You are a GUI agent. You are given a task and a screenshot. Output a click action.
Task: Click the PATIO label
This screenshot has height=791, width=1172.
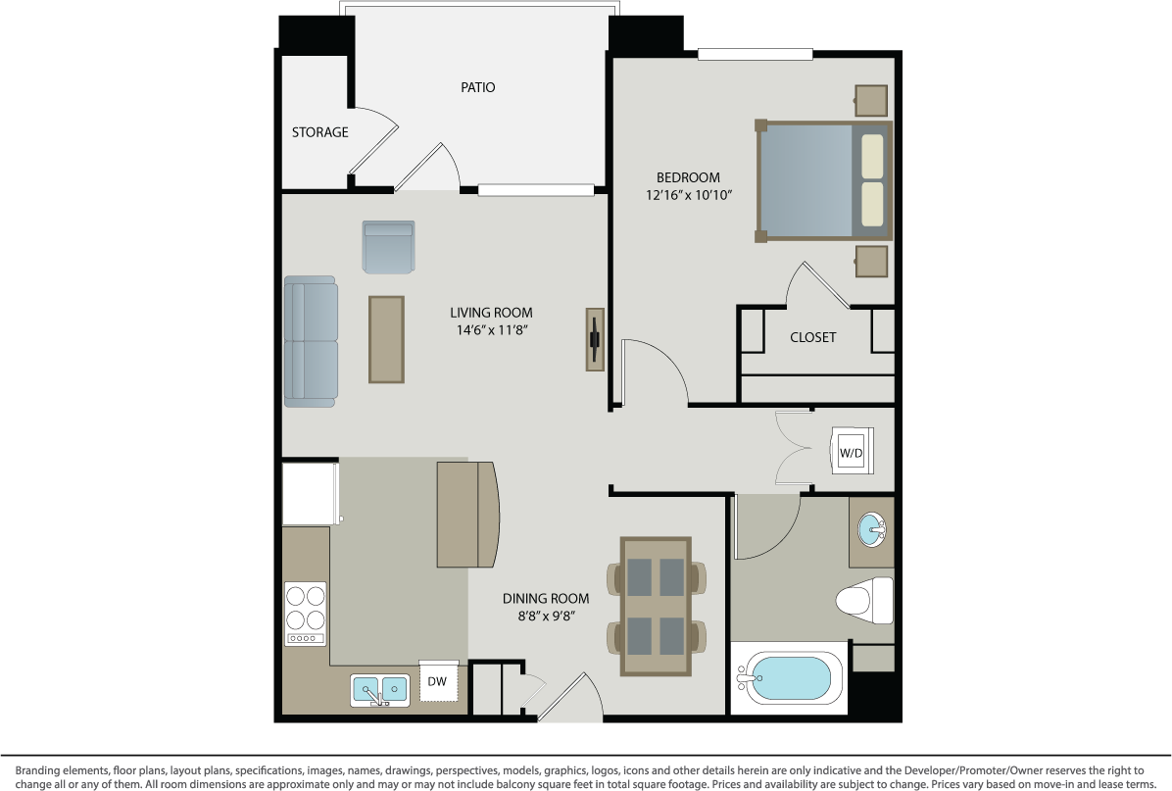[478, 87]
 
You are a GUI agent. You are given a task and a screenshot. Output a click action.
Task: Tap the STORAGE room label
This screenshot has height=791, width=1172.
[319, 132]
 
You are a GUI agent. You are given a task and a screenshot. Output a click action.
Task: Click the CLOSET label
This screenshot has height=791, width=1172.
[812, 337]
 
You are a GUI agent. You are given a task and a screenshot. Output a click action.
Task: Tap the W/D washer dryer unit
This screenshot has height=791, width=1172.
[850, 452]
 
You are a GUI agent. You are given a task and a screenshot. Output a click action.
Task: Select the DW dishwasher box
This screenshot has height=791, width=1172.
[437, 680]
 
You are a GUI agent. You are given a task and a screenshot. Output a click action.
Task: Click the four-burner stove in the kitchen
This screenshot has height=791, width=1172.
[305, 614]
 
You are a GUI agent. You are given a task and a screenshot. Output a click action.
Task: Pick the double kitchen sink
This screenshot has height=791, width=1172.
[380, 690]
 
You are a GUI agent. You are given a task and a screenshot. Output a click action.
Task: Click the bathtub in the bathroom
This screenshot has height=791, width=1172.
[788, 678]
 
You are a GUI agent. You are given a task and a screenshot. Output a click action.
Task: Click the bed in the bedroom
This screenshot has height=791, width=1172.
[823, 181]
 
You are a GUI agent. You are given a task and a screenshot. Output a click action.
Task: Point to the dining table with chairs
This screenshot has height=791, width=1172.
[657, 605]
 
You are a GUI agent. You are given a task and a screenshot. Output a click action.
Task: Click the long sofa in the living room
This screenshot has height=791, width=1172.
[311, 341]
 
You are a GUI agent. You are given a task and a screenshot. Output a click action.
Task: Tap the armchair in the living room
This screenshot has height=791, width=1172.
[388, 247]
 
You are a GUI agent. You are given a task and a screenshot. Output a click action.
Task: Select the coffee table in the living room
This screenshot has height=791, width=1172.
[386, 339]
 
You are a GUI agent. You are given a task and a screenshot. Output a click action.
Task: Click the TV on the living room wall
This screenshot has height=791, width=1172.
[595, 339]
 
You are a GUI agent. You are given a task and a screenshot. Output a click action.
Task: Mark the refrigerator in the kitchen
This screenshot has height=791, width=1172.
[310, 493]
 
